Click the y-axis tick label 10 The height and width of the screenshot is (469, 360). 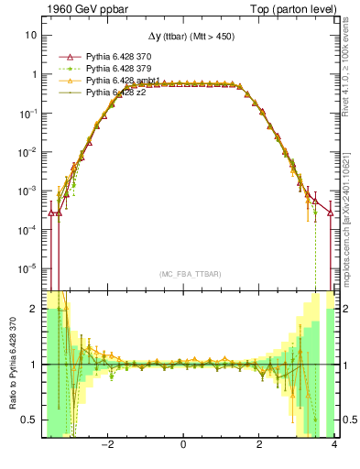click(x=30, y=35)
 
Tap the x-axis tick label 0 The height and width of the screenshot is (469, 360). click(x=184, y=446)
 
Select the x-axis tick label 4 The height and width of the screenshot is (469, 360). click(x=334, y=446)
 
